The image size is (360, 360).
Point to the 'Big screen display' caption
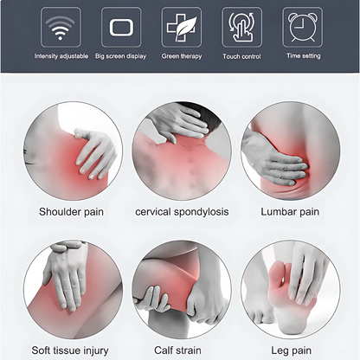coord(120,56)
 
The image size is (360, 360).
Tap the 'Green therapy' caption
coord(181,56)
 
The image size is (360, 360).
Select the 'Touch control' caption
coord(241,56)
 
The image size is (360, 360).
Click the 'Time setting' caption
coord(302,56)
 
